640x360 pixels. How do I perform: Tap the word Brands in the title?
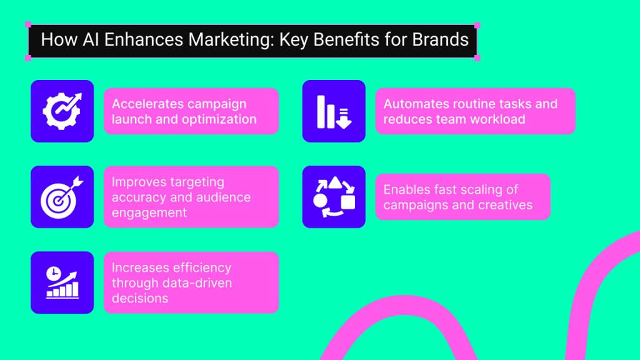(440, 40)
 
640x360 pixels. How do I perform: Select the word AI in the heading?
(87, 40)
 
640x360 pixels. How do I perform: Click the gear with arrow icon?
(62, 111)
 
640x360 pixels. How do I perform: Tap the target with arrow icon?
(62, 197)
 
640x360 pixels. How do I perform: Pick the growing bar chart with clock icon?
(62, 282)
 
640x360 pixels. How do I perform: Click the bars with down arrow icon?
(334, 111)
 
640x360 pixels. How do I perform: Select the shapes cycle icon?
(334, 197)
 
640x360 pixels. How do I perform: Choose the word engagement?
(149, 212)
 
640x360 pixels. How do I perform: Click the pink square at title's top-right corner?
(477, 26)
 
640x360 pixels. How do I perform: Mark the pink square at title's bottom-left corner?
(28, 57)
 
